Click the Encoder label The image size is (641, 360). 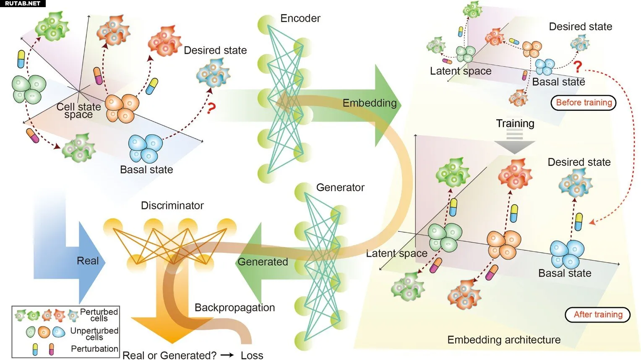tap(300, 18)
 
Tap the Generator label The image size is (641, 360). tap(340, 188)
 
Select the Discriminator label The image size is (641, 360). tap(172, 206)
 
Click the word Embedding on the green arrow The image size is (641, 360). tap(369, 103)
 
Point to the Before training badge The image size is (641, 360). tap(584, 103)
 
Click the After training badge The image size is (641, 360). tap(598, 315)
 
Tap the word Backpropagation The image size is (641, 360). tap(235, 308)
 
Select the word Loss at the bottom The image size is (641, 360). tap(252, 355)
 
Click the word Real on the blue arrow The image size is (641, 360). tap(88, 261)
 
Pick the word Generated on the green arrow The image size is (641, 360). tap(263, 262)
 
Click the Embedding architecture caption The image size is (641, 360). tap(504, 339)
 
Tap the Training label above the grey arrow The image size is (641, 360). tap(515, 123)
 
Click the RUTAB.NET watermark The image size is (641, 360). tap(23, 3)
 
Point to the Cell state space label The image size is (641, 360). tap(79, 111)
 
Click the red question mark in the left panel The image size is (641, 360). tap(211, 109)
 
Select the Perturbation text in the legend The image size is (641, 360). tap(94, 349)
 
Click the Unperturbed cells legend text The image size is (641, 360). tap(94, 334)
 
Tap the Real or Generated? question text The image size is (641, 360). tap(169, 355)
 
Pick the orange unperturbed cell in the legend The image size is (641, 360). tap(44, 332)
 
